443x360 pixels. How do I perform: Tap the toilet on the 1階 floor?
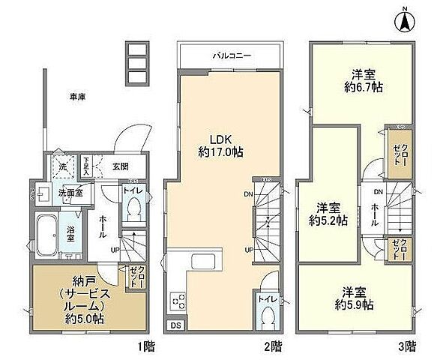pyautogui.click(x=135, y=214)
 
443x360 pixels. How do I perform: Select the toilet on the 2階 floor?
pyautogui.click(x=268, y=314)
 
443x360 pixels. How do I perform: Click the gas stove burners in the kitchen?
pyautogui.click(x=178, y=301)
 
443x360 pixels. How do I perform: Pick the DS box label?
pyautogui.click(x=175, y=325)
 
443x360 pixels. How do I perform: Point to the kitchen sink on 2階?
pyautogui.click(x=203, y=262)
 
